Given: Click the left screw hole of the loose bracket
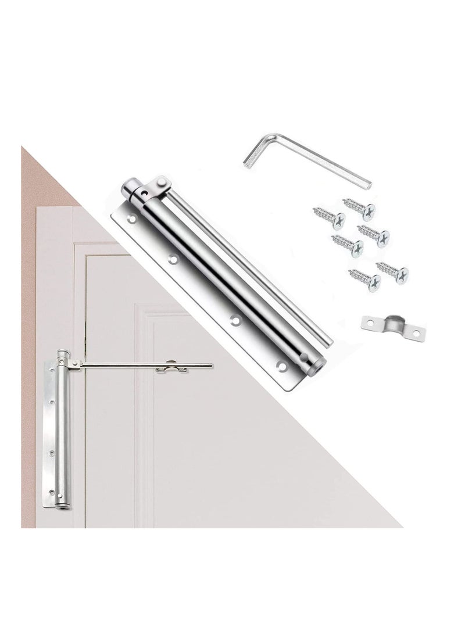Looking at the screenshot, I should pos(369,320).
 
